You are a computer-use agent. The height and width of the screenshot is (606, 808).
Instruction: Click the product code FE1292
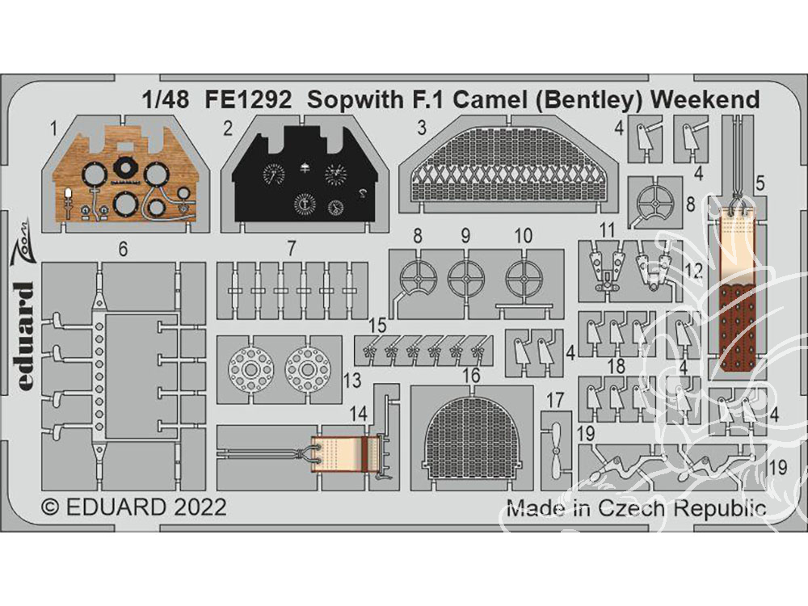tap(248, 99)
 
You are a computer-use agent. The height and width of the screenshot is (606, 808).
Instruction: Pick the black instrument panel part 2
tap(302, 173)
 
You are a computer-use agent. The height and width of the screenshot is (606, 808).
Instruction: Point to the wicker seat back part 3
tap(507, 161)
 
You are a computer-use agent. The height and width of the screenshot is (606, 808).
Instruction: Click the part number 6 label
tap(123, 250)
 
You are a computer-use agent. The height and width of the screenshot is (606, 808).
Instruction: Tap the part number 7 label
tap(292, 249)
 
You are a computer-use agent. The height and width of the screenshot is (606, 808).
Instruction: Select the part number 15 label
tap(377, 326)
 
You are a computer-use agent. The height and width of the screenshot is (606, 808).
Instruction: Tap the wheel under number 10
tap(524, 276)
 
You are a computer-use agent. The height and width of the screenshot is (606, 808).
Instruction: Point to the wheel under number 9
tap(466, 276)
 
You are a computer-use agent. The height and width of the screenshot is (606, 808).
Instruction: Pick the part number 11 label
tap(608, 229)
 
